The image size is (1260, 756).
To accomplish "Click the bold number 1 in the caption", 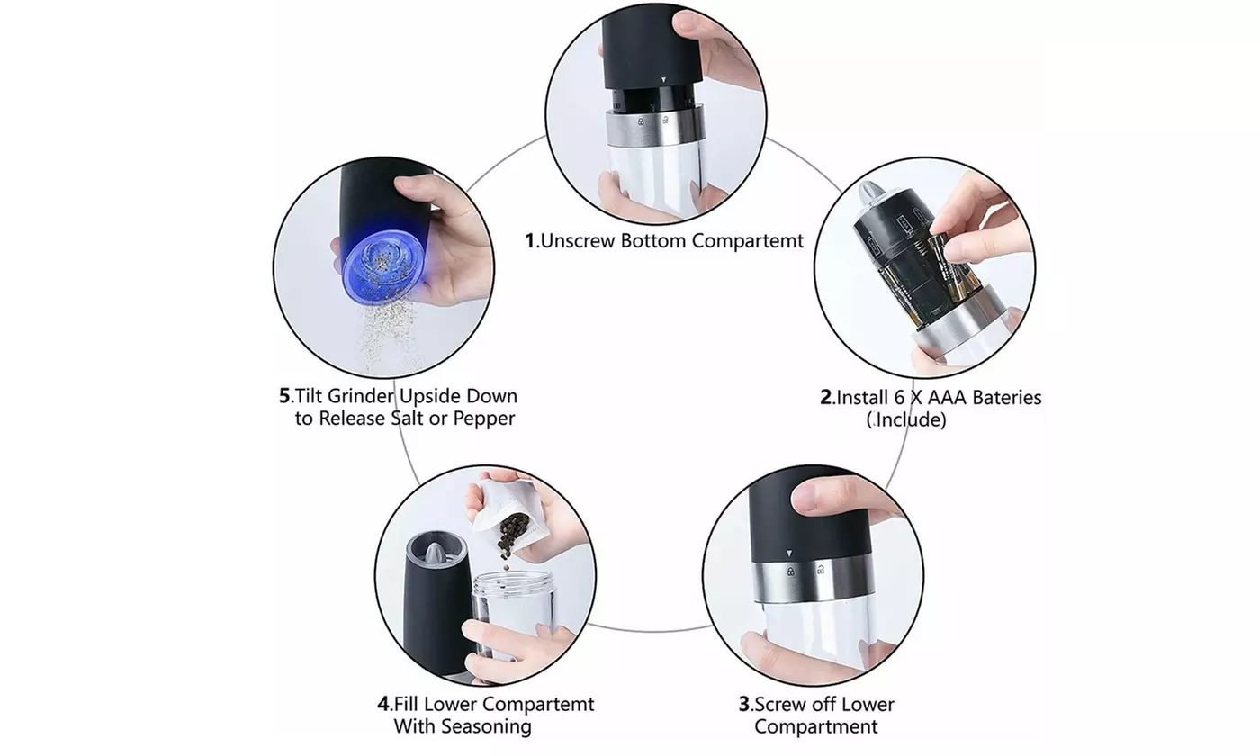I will [x=531, y=241].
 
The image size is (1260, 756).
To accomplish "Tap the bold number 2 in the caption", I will [x=825, y=397].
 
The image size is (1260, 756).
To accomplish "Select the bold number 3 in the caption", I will [x=743, y=704].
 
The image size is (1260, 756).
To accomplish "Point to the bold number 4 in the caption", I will [x=383, y=704].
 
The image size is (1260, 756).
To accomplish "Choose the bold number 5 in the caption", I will [x=284, y=396].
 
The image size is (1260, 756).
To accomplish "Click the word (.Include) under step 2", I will [x=907, y=419].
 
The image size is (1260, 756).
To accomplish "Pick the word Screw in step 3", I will [x=779, y=704].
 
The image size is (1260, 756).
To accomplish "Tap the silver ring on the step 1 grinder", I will [x=652, y=126].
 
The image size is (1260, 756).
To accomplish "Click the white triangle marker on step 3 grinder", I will [x=789, y=554].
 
